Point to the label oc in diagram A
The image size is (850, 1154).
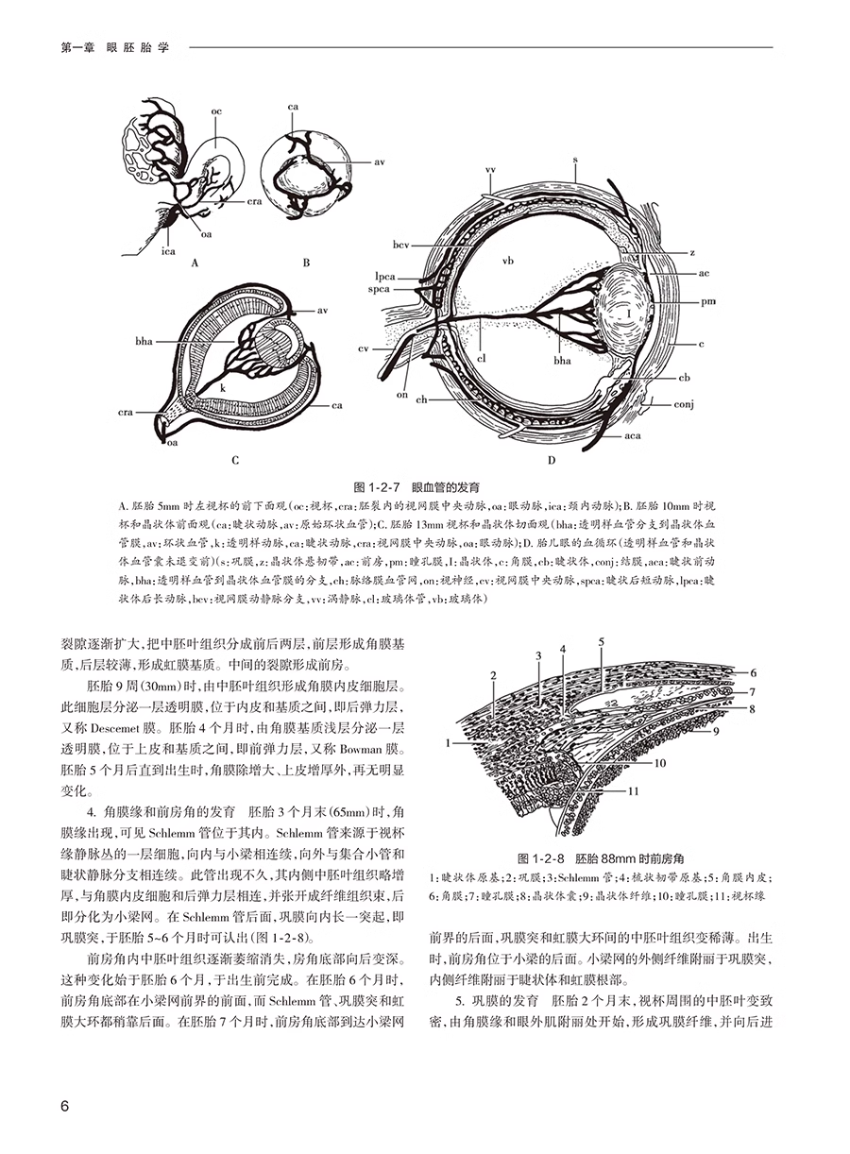click(x=216, y=111)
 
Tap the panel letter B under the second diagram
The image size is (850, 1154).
click(x=306, y=264)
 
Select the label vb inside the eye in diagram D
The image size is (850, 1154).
click(x=507, y=258)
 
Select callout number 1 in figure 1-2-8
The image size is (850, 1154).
click(x=452, y=743)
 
